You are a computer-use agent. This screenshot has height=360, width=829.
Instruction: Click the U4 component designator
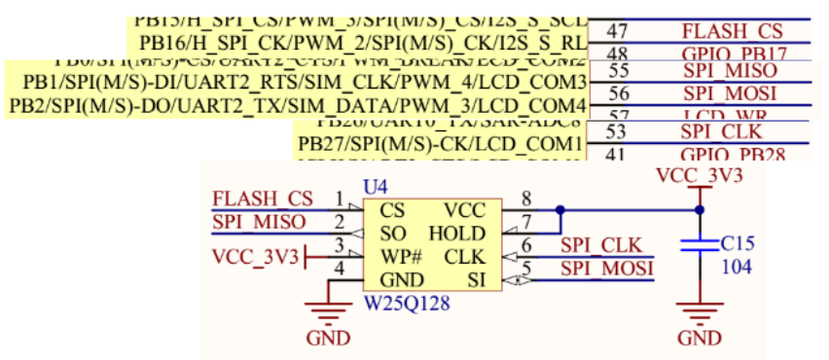coord(375,186)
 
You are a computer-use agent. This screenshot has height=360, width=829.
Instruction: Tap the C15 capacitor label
coord(738,242)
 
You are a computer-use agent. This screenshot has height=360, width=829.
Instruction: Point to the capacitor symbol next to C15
coord(699,245)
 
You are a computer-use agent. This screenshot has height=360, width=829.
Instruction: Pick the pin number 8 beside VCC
coord(526,199)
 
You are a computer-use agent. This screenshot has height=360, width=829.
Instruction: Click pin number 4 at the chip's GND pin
coord(339,270)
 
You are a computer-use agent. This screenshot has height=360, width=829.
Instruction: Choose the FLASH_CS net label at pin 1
coord(262,199)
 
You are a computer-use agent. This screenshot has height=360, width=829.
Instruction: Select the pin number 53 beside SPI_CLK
coord(616,131)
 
